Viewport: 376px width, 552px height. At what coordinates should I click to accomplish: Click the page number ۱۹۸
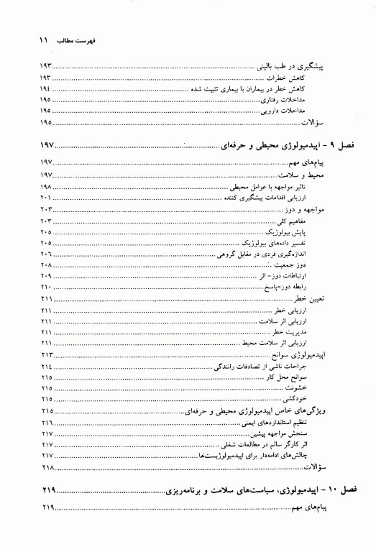[x=46, y=186]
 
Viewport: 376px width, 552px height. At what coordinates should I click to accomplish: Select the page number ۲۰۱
[x=46, y=197]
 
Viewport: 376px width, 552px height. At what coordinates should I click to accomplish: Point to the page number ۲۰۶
[x=46, y=255]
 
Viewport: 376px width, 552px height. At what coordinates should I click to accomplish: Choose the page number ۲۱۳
[x=47, y=356]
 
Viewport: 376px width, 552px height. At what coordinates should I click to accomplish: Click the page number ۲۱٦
[x=47, y=423]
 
